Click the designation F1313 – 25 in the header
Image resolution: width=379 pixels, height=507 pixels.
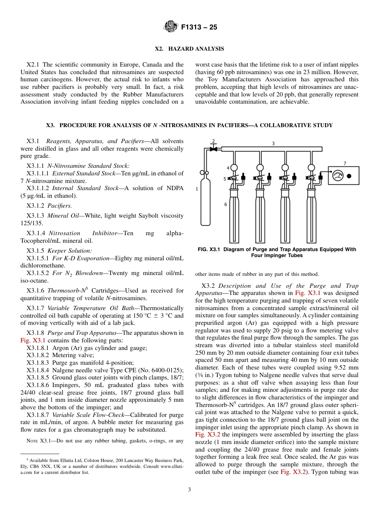click(199, 28)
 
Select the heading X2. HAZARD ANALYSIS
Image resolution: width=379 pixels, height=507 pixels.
click(189, 49)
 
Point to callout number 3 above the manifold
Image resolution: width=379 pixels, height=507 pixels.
click(273, 143)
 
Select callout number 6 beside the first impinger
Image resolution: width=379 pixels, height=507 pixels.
click(226, 204)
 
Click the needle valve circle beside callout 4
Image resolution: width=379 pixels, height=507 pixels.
click(234, 168)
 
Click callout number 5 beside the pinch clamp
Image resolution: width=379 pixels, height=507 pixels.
click(225, 179)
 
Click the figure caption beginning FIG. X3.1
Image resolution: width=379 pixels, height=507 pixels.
click(276, 252)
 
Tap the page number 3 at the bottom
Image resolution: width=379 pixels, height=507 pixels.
click(189, 490)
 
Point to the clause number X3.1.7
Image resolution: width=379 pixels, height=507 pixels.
click(36, 308)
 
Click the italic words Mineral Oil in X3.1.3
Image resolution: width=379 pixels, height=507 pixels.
click(59, 216)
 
